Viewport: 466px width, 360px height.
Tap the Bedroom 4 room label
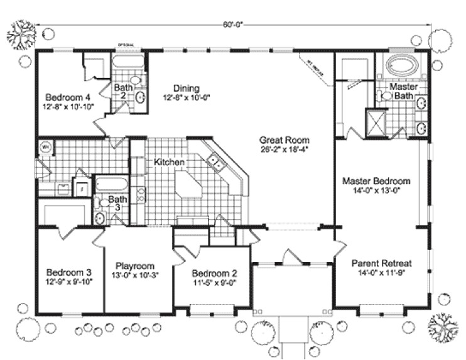pos(67,97)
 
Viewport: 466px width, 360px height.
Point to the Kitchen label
pos(169,162)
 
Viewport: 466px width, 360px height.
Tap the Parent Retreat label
pos(377,263)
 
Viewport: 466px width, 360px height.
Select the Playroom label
pos(135,266)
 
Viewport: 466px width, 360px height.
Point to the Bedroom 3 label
pos(69,273)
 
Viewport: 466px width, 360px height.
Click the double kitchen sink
pos(217,164)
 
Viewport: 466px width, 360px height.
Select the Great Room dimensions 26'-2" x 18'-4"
pos(284,150)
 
